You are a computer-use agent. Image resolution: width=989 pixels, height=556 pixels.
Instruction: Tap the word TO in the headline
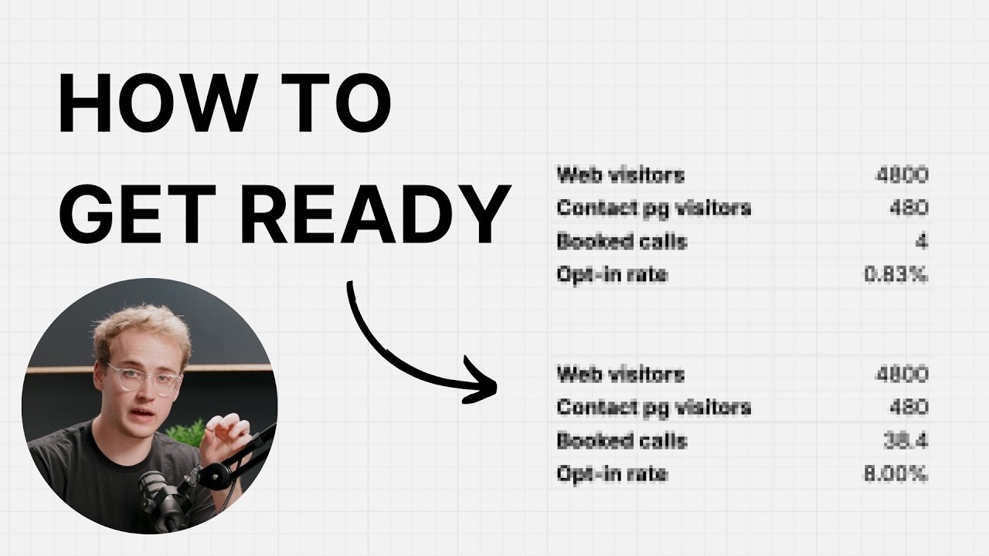coord(336,103)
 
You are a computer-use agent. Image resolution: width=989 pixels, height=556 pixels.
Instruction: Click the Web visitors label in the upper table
coord(620,175)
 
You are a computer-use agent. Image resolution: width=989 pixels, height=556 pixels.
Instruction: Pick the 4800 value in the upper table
coord(902,175)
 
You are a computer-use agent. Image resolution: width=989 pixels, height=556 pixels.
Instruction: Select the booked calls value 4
coord(922,242)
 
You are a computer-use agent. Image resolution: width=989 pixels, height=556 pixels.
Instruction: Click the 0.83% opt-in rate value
coord(896,274)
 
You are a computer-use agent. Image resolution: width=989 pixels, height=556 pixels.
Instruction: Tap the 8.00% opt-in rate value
coord(896,474)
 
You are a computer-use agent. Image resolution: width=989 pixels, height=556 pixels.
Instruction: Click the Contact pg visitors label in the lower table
coord(654,408)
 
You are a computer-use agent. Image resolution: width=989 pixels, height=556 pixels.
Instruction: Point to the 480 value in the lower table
coord(909,407)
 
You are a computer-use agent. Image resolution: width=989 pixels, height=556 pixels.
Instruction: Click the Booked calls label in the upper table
coord(622,242)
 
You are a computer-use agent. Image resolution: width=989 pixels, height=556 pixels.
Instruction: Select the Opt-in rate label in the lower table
coord(612,474)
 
